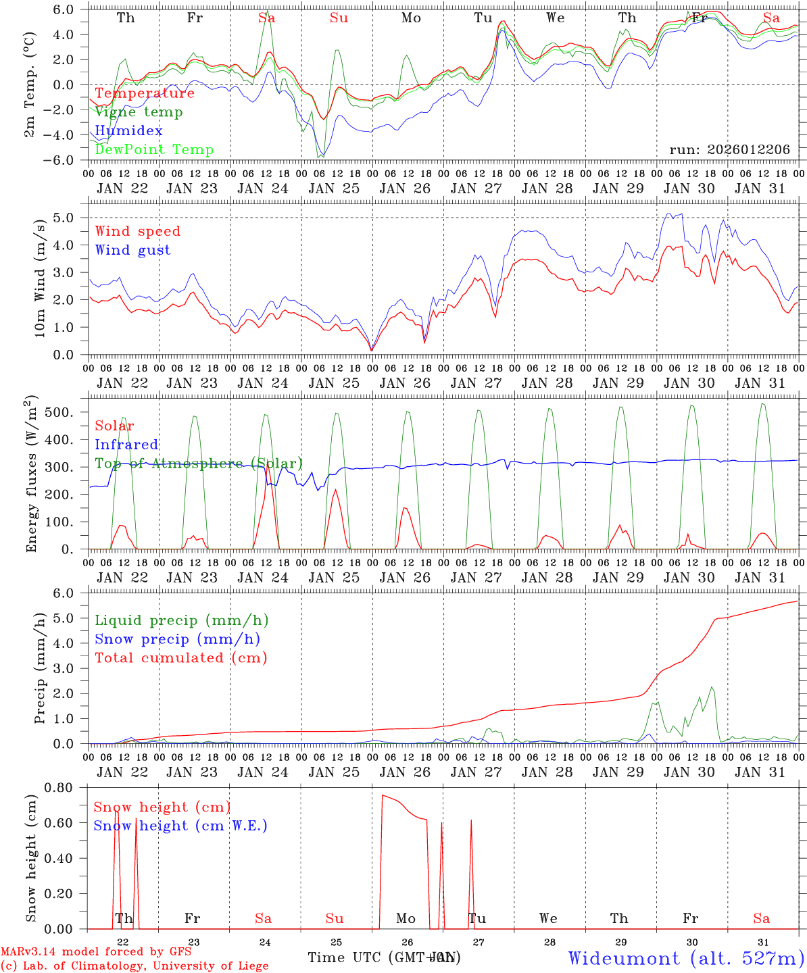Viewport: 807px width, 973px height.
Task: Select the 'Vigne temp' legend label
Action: [139, 112]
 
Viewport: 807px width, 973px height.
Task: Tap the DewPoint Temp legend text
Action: [154, 150]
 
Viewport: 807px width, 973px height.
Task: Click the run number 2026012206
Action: [729, 150]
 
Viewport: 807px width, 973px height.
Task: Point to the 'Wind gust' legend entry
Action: [132, 250]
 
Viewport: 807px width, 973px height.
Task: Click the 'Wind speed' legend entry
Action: [138, 231]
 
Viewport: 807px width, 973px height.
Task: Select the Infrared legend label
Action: [126, 445]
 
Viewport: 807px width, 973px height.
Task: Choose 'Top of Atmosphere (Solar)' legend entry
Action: [199, 464]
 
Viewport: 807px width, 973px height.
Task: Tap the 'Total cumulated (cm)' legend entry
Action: [181, 657]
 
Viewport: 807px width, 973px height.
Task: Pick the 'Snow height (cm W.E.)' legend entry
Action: [180, 826]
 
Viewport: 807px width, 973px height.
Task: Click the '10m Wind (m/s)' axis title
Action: [40, 278]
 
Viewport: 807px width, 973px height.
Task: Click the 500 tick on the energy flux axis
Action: [71, 412]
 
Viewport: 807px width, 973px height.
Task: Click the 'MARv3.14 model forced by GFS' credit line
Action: [96, 952]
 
